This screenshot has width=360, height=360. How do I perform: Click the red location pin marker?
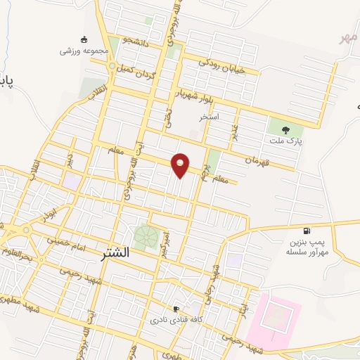[x=181, y=165]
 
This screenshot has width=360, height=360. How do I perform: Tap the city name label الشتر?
[x=110, y=253]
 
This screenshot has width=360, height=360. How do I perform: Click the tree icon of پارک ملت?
[x=285, y=129]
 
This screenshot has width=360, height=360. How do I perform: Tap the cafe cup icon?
[x=176, y=309]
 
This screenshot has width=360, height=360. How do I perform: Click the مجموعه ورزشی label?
[x=83, y=51]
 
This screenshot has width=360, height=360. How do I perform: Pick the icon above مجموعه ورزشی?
[x=84, y=39]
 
